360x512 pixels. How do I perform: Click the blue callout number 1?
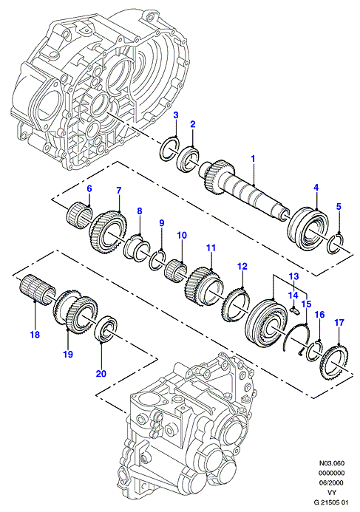(x=253, y=159)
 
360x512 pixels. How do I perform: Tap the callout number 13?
(x=293, y=276)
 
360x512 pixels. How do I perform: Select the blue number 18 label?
(x=35, y=335)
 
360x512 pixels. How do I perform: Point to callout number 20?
(x=101, y=373)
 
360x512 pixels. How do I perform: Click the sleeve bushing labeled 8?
(x=137, y=248)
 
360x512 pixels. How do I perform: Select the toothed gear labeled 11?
(x=204, y=283)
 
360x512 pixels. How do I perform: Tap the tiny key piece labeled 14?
(x=294, y=310)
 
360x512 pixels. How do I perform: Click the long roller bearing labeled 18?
(x=35, y=287)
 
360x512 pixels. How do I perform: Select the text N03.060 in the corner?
(x=332, y=463)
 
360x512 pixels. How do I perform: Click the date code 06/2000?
(x=332, y=482)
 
